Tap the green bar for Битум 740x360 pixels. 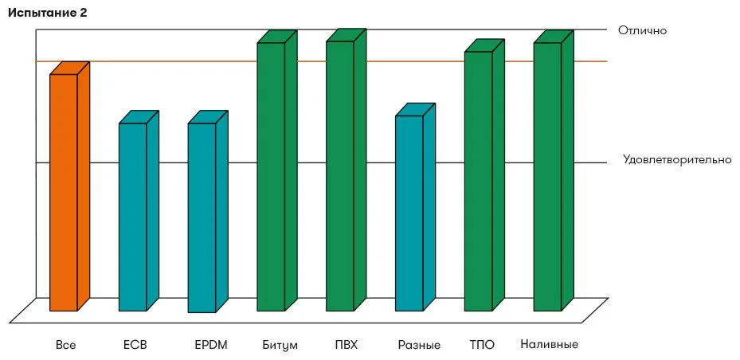coord(277,170)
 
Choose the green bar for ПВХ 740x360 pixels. coord(346,170)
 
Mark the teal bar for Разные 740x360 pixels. coord(415,207)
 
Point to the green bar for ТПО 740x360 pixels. coord(484,175)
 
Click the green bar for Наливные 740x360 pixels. coord(554,170)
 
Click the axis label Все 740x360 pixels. coord(65,345)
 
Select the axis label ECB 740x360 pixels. coord(135,345)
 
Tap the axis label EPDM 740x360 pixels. coord(211,345)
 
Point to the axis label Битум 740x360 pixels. coord(280,346)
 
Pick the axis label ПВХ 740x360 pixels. coord(346,345)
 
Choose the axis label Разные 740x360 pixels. coord(419,346)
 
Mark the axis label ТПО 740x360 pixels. coord(483,345)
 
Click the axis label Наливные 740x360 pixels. coord(550,344)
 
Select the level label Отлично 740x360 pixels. coord(642,31)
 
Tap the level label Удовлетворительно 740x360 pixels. coord(677,159)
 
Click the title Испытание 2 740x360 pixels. coord(47,14)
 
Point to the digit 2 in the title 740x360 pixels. coord(84,13)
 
